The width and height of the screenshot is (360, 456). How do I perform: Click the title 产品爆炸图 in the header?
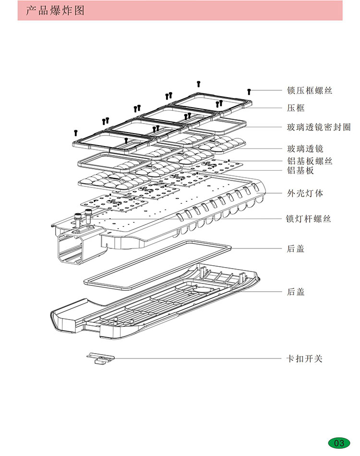55,11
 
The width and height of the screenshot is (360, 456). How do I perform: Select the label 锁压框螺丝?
309,90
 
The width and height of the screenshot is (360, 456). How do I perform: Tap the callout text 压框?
296,108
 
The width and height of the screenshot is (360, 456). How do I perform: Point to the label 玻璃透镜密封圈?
318,127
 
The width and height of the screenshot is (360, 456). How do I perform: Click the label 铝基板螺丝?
309,161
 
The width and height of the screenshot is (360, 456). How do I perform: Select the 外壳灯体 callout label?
305,193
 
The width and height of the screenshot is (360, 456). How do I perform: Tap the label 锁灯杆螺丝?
309,219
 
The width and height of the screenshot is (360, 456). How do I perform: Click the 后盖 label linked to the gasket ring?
296,248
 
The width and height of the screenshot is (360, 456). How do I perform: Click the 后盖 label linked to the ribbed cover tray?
296,292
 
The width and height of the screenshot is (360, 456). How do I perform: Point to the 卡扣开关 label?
305,358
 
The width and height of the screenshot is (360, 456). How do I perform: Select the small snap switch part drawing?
101,358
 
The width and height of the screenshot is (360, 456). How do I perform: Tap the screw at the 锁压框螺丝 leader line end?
249,91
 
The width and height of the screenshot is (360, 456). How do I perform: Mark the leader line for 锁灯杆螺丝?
192,219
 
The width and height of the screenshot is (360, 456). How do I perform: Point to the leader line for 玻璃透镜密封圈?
264,127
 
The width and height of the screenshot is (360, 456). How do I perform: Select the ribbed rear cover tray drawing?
154,300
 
